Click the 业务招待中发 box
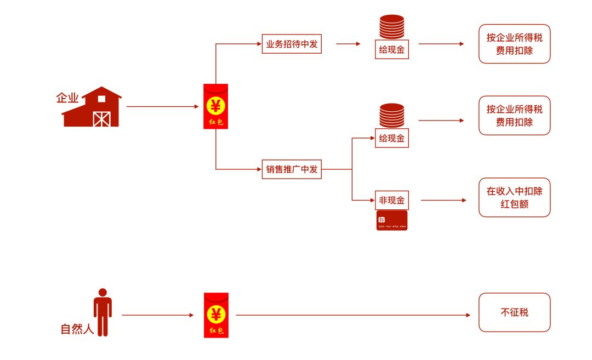291,44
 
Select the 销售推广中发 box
291,169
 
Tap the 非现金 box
392,201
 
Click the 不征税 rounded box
514,312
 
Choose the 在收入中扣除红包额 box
514,197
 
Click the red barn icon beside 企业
92,108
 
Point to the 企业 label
67,99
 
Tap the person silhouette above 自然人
103,311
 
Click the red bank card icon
392,220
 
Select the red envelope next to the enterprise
216,106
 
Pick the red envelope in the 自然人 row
216,315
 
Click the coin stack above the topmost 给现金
392,27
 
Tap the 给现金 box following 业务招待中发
392,50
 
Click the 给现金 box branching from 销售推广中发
392,139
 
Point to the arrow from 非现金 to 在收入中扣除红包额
443,201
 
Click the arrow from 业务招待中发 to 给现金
348,44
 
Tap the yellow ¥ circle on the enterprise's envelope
216,104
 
